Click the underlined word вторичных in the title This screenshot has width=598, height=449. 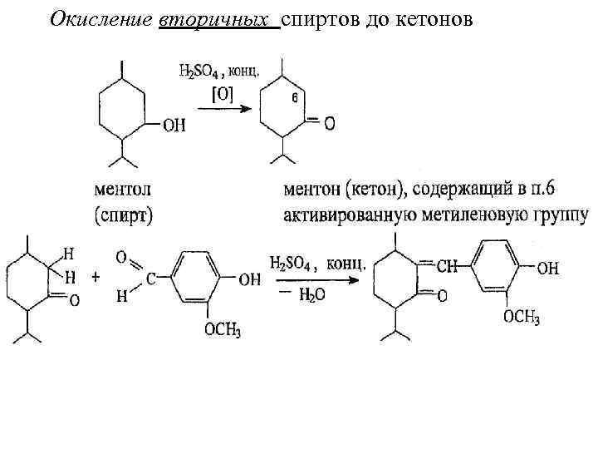(x=218, y=19)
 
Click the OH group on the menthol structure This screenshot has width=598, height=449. (x=174, y=126)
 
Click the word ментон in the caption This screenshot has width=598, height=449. (x=309, y=190)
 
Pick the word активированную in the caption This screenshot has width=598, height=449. (x=346, y=215)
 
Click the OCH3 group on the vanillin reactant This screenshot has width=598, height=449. (x=223, y=332)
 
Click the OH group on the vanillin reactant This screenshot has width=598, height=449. (x=249, y=280)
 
